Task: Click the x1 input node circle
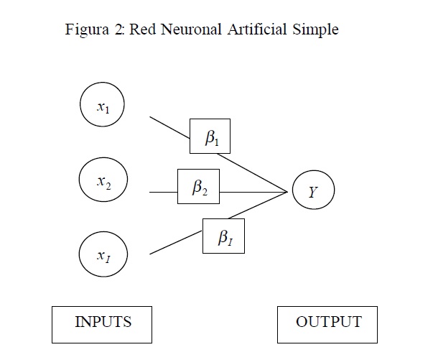[x=102, y=106]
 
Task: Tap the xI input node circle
[x=102, y=254]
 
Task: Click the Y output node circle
[x=312, y=192]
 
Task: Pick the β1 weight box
[x=210, y=137]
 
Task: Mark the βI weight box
[x=223, y=236]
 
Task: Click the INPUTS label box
[x=102, y=323]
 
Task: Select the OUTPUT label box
[x=327, y=324]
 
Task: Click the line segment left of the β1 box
[x=169, y=126]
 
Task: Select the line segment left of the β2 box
[x=163, y=192]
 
